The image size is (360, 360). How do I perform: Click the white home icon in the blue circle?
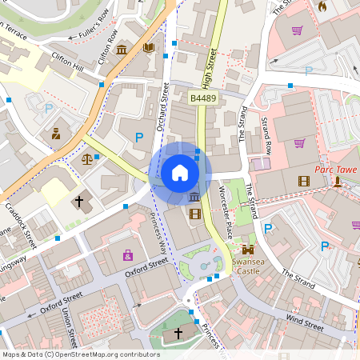(x=179, y=172)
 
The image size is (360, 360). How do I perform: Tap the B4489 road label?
(x=203, y=98)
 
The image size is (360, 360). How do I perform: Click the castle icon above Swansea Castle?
(x=248, y=250)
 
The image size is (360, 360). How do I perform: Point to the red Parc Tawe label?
(x=334, y=169)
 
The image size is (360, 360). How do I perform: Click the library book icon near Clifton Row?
(x=148, y=48)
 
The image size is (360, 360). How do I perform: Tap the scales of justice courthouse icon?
(x=86, y=158)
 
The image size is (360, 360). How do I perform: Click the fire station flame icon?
(x=322, y=6)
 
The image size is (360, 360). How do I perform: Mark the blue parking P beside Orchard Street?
(x=138, y=138)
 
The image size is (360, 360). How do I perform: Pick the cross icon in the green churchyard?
(x=178, y=332)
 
